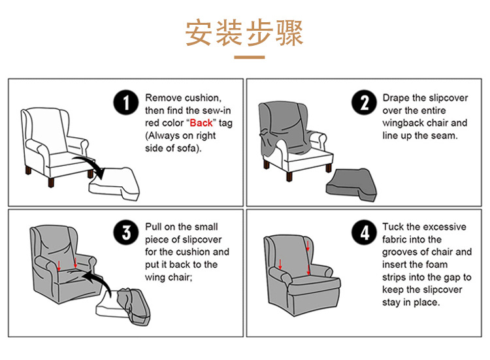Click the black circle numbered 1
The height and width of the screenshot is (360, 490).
pos(126,103)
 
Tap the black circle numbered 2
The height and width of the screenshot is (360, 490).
pos(364,103)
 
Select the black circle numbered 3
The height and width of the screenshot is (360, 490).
pos(126,232)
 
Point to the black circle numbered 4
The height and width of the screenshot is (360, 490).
pos(364,232)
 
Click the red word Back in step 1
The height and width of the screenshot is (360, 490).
pos(201,123)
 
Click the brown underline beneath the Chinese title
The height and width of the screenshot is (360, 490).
pos(250,57)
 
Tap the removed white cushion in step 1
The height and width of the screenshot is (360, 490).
pos(114,184)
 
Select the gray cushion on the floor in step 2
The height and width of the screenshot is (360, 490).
pos(351,185)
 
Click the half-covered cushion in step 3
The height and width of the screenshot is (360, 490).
pos(123,307)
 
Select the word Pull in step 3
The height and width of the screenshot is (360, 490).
pos(152,227)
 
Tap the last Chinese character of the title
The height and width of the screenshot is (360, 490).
pos(289,33)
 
